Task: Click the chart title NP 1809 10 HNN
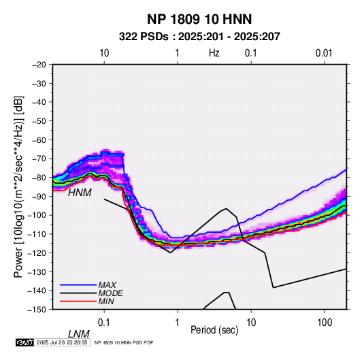pyautogui.click(x=199, y=19)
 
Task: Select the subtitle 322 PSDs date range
pyautogui.click(x=199, y=37)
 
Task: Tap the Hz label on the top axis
pyautogui.click(x=214, y=53)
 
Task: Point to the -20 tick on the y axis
pyautogui.click(x=39, y=65)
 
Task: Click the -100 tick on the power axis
pyautogui.click(x=37, y=215)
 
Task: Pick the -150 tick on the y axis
pyautogui.click(x=37, y=310)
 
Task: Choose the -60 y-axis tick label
pyautogui.click(x=39, y=140)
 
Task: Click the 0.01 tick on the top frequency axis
pyautogui.click(x=324, y=53)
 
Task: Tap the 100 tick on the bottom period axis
pyautogui.click(x=325, y=323)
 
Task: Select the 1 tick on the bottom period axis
pyautogui.click(x=178, y=323)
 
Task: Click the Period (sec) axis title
pyautogui.click(x=214, y=330)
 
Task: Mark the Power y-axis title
pyautogui.click(x=18, y=186)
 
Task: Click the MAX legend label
pyautogui.click(x=107, y=284)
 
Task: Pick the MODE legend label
pyautogui.click(x=110, y=293)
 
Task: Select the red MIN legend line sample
pyautogui.click(x=78, y=301)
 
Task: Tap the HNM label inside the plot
pyautogui.click(x=80, y=193)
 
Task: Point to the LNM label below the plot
pyautogui.click(x=79, y=334)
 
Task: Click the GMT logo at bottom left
pyautogui.click(x=25, y=342)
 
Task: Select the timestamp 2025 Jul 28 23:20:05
pyautogui.click(x=62, y=342)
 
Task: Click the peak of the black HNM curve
pyautogui.click(x=226, y=208)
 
